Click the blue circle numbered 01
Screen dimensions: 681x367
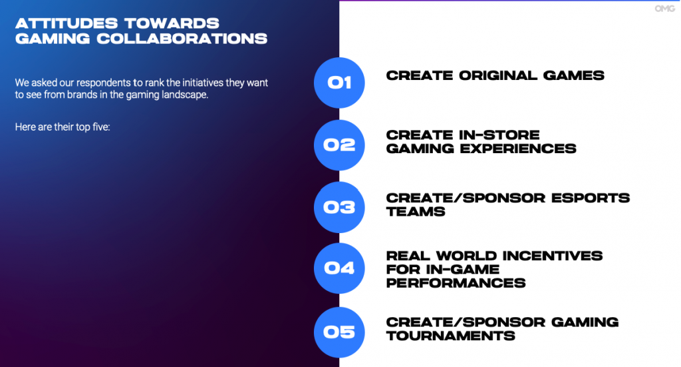coord(339,83)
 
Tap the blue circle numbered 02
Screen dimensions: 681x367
coord(339,145)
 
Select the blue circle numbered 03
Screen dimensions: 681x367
coord(339,207)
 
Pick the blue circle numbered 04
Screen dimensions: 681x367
coord(339,268)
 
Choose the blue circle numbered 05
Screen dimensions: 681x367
coord(339,332)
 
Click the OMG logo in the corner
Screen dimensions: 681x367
coord(664,8)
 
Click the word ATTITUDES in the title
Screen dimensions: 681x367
coord(65,23)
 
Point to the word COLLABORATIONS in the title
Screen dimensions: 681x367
coord(182,39)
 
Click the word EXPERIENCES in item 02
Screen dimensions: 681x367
coord(518,149)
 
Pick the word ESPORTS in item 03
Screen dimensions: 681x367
coord(591,198)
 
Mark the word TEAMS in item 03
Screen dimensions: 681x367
coord(416,212)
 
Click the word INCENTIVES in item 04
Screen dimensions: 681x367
coord(547,256)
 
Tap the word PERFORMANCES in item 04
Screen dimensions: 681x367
coord(456,283)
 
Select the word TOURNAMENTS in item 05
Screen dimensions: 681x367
coord(451,336)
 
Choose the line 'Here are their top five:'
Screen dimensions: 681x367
coord(63,127)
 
